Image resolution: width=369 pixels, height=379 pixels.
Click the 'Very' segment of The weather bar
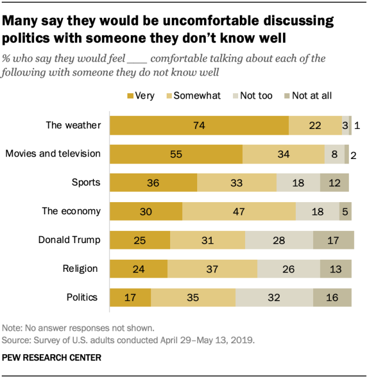point(199,126)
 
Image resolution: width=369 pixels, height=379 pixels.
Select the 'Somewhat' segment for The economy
point(239,211)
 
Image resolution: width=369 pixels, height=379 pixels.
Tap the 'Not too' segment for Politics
point(274,298)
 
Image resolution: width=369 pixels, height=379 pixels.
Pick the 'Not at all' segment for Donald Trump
point(333,240)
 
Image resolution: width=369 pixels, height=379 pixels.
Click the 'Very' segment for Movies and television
point(176,154)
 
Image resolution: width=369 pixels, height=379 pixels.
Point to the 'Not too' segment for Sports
point(298,183)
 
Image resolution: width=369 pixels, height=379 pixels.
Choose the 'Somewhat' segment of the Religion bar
point(212,269)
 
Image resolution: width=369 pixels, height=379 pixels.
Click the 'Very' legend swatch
point(130,96)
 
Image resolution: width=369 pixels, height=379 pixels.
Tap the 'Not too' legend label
point(256,96)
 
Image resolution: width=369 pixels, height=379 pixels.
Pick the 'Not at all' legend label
point(312,96)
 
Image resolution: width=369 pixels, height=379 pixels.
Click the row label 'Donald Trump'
point(69,240)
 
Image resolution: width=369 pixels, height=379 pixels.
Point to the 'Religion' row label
point(80,268)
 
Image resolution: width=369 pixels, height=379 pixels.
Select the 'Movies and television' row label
point(53,154)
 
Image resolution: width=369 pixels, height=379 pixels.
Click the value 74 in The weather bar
point(199,126)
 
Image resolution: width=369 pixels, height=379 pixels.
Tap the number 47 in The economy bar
point(239,211)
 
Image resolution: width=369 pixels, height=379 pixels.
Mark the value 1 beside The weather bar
point(357,126)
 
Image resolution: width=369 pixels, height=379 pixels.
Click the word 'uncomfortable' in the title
point(228,21)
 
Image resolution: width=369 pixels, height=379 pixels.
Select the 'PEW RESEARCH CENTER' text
point(52,358)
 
